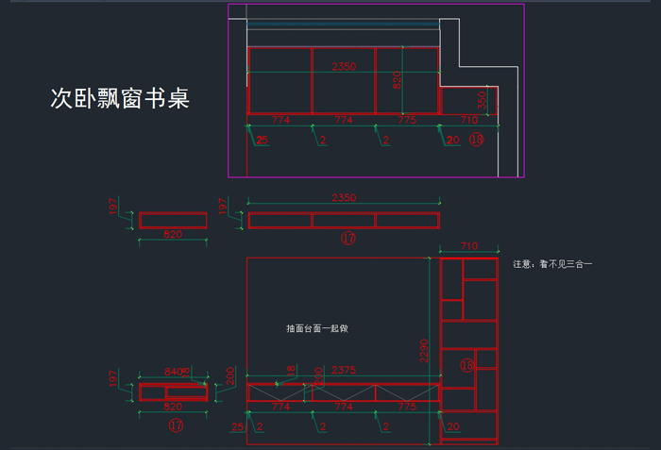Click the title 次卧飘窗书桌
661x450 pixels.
120,99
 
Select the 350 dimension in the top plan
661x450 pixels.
482,100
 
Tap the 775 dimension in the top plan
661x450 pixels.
406,121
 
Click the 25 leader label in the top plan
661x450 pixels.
262,141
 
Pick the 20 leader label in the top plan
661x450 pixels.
453,141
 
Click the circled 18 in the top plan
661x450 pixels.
476,141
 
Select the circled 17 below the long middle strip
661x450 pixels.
347,239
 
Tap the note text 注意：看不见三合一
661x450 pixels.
552,265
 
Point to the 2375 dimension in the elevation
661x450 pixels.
343,370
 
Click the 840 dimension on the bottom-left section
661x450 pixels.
173,372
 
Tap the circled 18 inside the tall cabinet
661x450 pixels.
466,365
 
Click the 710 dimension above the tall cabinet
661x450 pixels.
468,246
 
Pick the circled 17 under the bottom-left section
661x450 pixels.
176,426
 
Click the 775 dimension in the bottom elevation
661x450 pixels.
406,405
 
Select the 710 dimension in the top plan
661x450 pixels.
468,121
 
